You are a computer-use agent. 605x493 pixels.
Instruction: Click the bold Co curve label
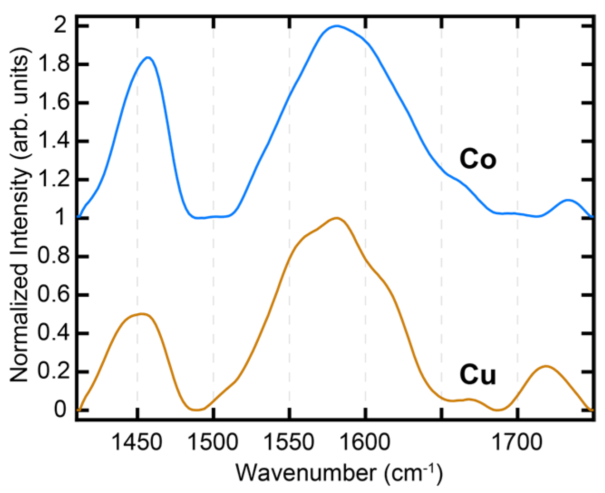(x=478, y=159)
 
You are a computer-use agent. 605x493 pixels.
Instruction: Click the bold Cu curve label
(x=478, y=375)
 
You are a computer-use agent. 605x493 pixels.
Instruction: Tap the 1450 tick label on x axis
(x=136, y=442)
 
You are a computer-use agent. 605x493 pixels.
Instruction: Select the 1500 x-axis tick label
(x=213, y=442)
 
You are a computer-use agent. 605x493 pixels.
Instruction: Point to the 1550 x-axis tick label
(x=289, y=442)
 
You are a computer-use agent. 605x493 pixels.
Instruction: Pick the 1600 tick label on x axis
(x=365, y=442)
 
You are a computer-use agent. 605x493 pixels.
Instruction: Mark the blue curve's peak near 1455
(x=148, y=57)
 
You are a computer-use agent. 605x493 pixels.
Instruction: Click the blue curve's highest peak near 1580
(x=336, y=26)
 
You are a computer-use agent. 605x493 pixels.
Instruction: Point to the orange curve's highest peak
(x=336, y=218)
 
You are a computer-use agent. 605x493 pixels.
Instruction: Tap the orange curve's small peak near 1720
(x=546, y=366)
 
